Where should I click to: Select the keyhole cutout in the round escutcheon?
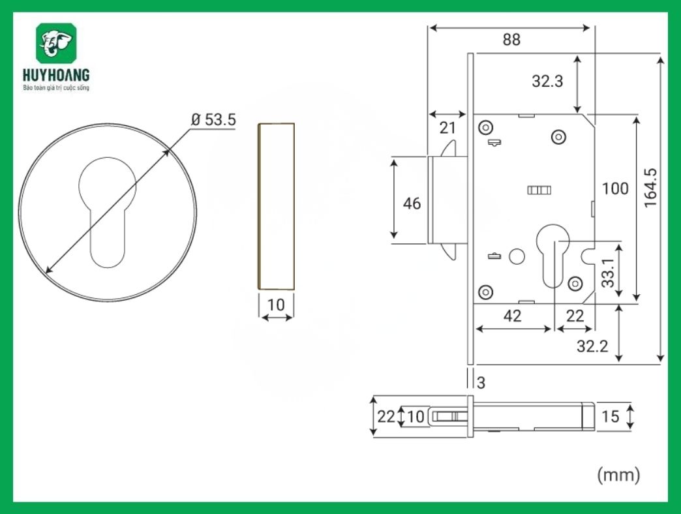tap(108, 209)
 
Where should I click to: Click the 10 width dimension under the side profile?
tap(277, 305)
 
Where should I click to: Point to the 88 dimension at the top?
tap(511, 40)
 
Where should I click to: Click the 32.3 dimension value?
tap(548, 82)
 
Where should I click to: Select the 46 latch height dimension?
tap(412, 204)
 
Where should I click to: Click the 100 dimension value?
tap(614, 189)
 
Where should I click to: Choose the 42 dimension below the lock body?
tap(513, 316)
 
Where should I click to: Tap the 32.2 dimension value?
tap(592, 346)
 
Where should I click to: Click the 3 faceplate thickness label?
tap(481, 383)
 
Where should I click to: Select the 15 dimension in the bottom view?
tap(610, 416)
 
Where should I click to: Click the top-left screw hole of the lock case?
tap(485, 127)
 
